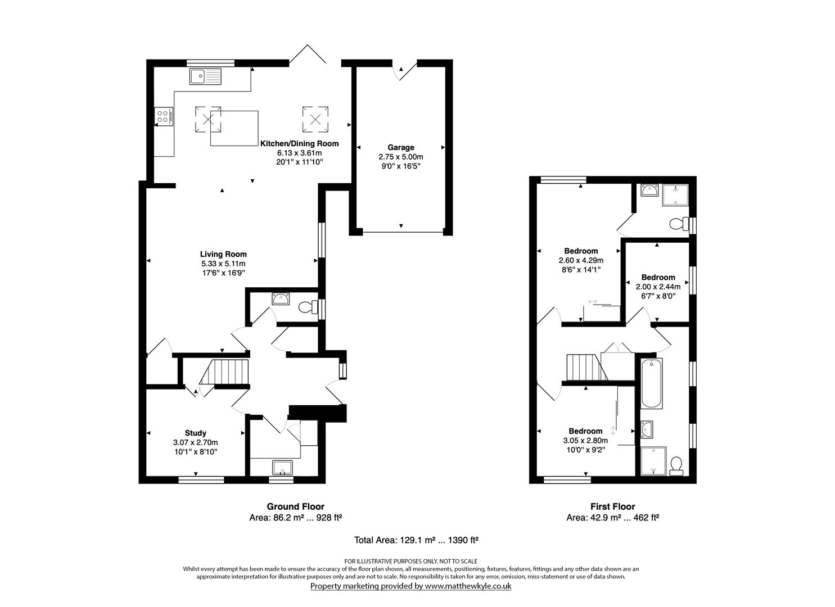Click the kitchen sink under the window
pyautogui.click(x=206, y=76)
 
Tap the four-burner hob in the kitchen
pyautogui.click(x=163, y=117)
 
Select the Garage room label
pyautogui.click(x=400, y=148)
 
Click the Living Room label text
pyautogui.click(x=223, y=254)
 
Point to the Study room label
pyautogui.click(x=195, y=433)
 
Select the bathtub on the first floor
pyautogui.click(x=652, y=383)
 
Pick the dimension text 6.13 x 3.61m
pyautogui.click(x=299, y=153)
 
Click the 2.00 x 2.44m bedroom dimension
pyautogui.click(x=658, y=287)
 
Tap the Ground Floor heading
pyautogui.click(x=295, y=506)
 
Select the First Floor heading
pyautogui.click(x=612, y=506)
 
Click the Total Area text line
pyautogui.click(x=416, y=540)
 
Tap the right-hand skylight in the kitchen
pyautogui.click(x=315, y=119)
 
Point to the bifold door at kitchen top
pyautogui.click(x=308, y=54)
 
